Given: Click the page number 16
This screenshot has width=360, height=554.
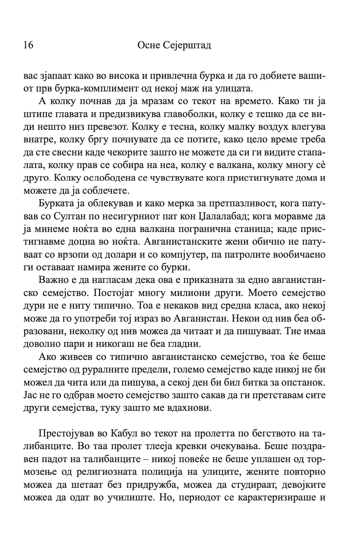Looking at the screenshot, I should tap(28, 45).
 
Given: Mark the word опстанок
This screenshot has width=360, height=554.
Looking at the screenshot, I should tap(303, 382).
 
